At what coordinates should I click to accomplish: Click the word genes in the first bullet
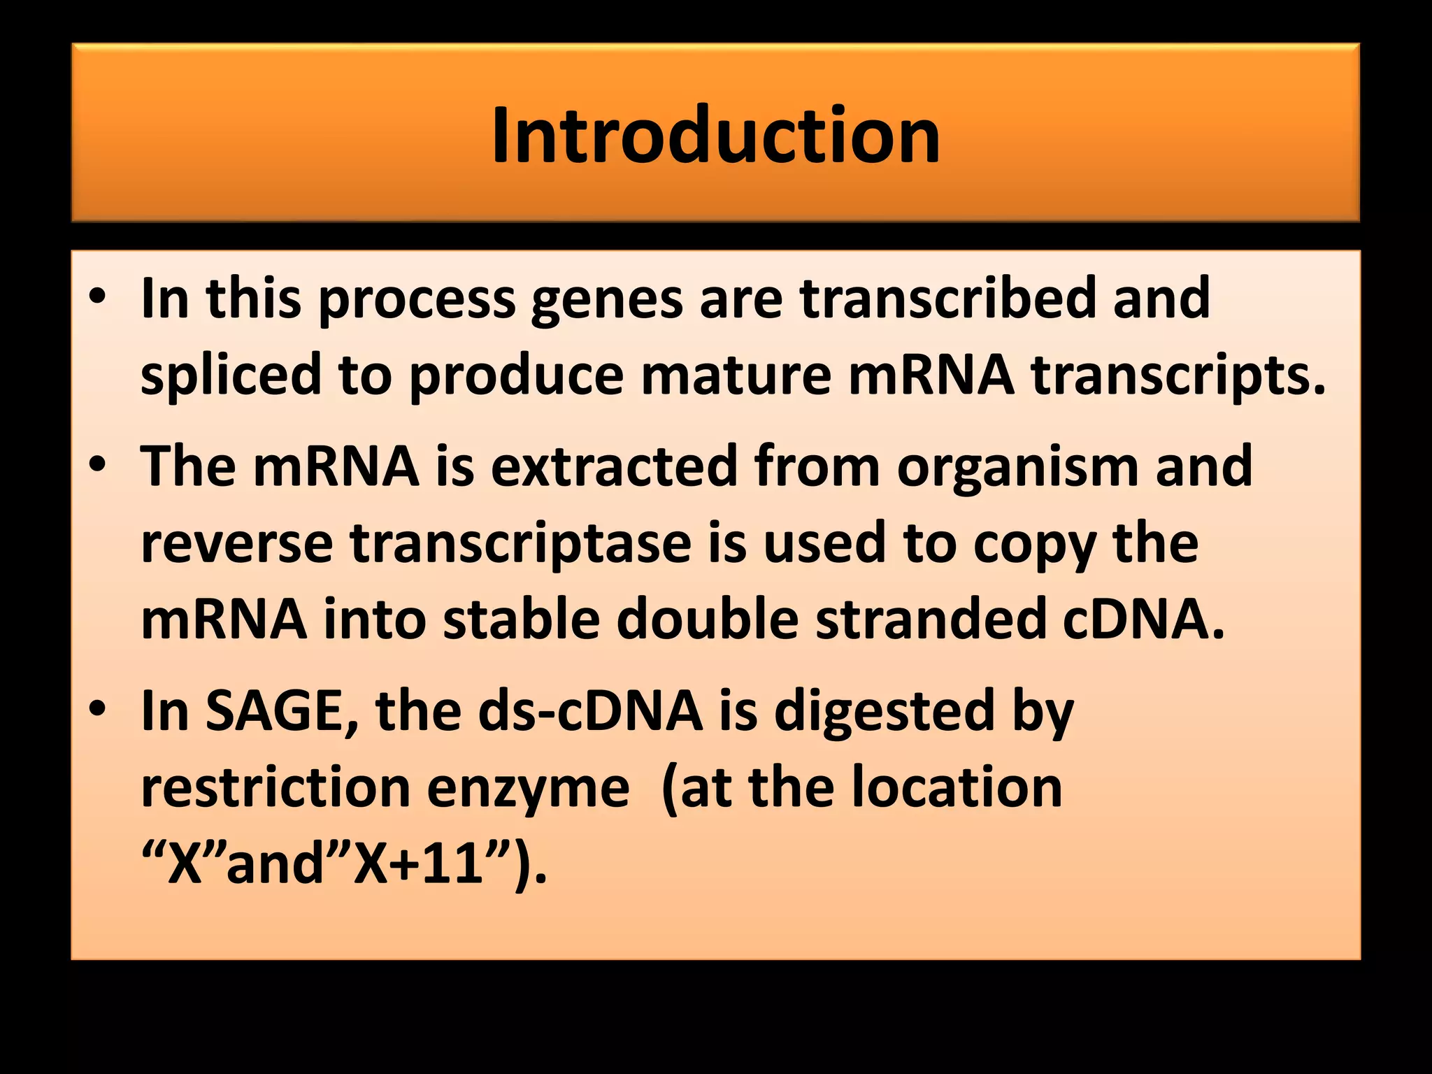pos(606,299)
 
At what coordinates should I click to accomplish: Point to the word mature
pos(736,375)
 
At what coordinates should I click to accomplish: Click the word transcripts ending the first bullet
pos(1178,375)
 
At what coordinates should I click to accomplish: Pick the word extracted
pos(614,466)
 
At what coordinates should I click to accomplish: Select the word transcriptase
pos(520,544)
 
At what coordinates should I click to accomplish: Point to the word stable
pos(521,620)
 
